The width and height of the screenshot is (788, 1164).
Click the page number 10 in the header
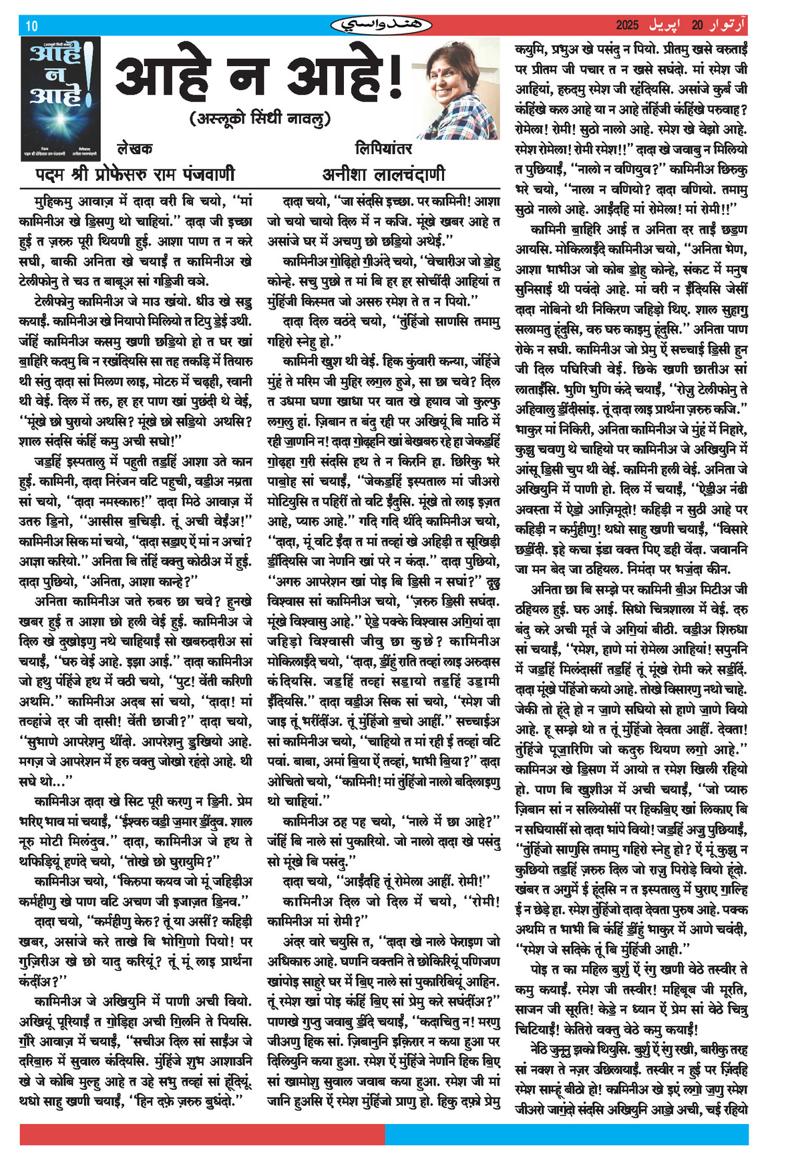31,26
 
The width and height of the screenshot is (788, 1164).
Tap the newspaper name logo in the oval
369,25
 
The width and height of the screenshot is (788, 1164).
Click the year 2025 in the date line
627,25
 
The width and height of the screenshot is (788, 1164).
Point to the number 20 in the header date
697,25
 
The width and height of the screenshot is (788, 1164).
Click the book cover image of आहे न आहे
59,98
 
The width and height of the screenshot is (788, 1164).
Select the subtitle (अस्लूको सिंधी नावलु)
260,119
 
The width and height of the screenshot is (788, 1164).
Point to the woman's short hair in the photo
461,53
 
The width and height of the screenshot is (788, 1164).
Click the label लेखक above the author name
134,148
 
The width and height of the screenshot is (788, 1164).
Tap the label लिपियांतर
383,148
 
